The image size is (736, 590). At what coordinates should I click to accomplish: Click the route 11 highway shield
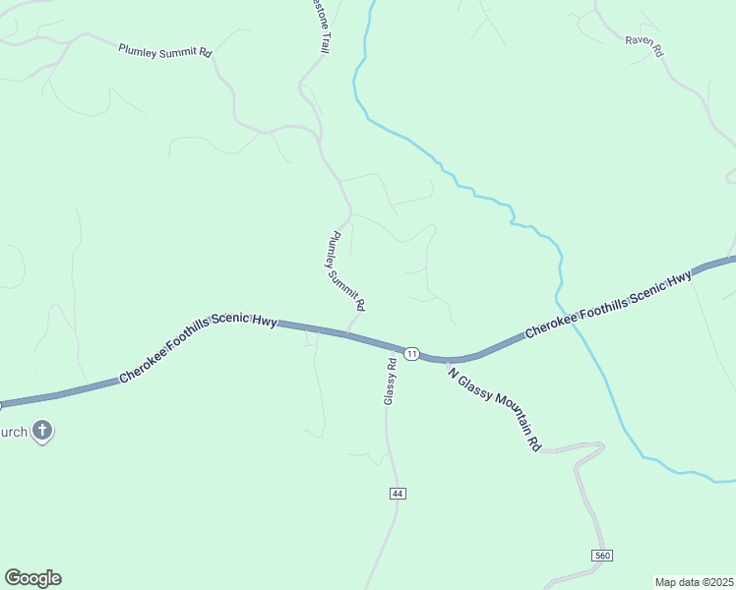pyautogui.click(x=412, y=353)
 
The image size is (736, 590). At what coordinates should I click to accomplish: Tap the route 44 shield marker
pyautogui.click(x=397, y=493)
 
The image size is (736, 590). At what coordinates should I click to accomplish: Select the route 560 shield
pyautogui.click(x=602, y=557)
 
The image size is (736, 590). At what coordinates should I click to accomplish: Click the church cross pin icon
pyautogui.click(x=41, y=430)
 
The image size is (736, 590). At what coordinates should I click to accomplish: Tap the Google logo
pyautogui.click(x=32, y=578)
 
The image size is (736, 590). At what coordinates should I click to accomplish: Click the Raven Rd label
pyautogui.click(x=644, y=45)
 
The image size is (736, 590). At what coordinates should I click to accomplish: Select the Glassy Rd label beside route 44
pyautogui.click(x=390, y=381)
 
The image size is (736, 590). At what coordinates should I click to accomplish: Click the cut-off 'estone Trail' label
pyautogui.click(x=322, y=26)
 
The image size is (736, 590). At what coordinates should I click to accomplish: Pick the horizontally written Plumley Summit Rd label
pyautogui.click(x=164, y=50)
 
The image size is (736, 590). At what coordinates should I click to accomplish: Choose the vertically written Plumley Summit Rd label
pyautogui.click(x=347, y=268)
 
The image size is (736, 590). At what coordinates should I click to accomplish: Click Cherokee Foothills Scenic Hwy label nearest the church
pyautogui.click(x=197, y=351)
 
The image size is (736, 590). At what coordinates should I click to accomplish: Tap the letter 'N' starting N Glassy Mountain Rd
pyautogui.click(x=451, y=369)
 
